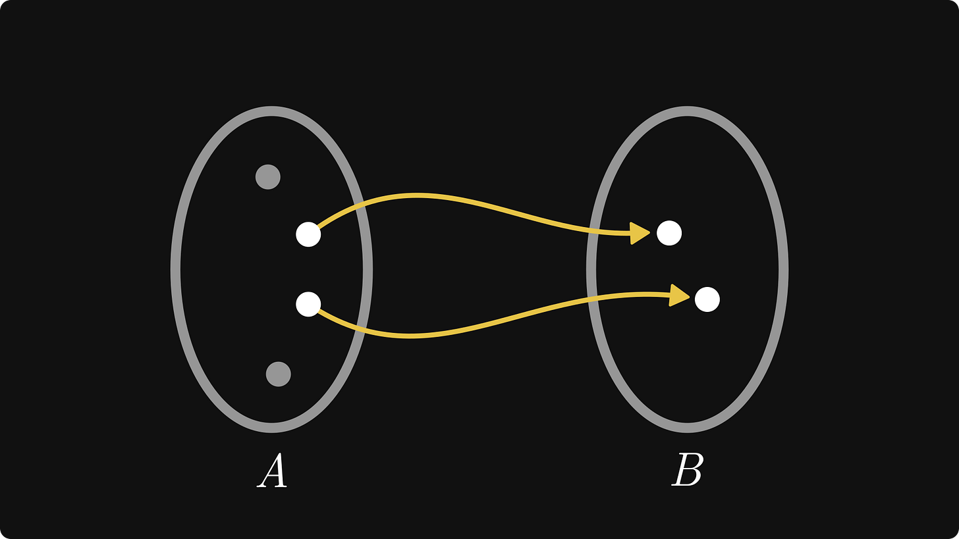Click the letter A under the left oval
(x=272, y=471)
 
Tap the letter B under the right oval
(x=688, y=471)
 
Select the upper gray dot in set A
(x=268, y=177)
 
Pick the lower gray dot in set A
(x=279, y=374)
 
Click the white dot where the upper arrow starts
(x=308, y=234)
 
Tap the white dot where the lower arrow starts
(x=308, y=304)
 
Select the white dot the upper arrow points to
(x=669, y=233)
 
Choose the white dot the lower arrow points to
(x=707, y=299)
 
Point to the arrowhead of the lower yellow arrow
(x=679, y=295)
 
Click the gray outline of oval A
(x=176, y=269)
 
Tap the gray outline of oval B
(x=782, y=269)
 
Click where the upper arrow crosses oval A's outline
(x=360, y=206)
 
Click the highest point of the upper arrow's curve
(x=415, y=195)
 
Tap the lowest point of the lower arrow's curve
(x=410, y=336)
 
